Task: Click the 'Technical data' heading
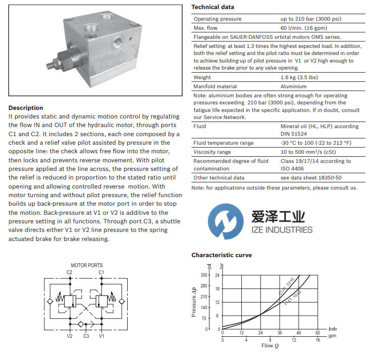[212, 7]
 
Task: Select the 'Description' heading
[26, 108]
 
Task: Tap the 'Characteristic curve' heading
[221, 255]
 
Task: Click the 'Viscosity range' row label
[212, 152]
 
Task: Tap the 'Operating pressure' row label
[218, 19]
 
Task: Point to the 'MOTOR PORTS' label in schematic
[86, 265]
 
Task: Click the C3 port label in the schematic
[86, 336]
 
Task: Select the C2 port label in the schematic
[70, 272]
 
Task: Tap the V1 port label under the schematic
[101, 336]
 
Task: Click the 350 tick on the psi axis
[204, 275]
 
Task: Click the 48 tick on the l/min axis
[298, 333]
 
